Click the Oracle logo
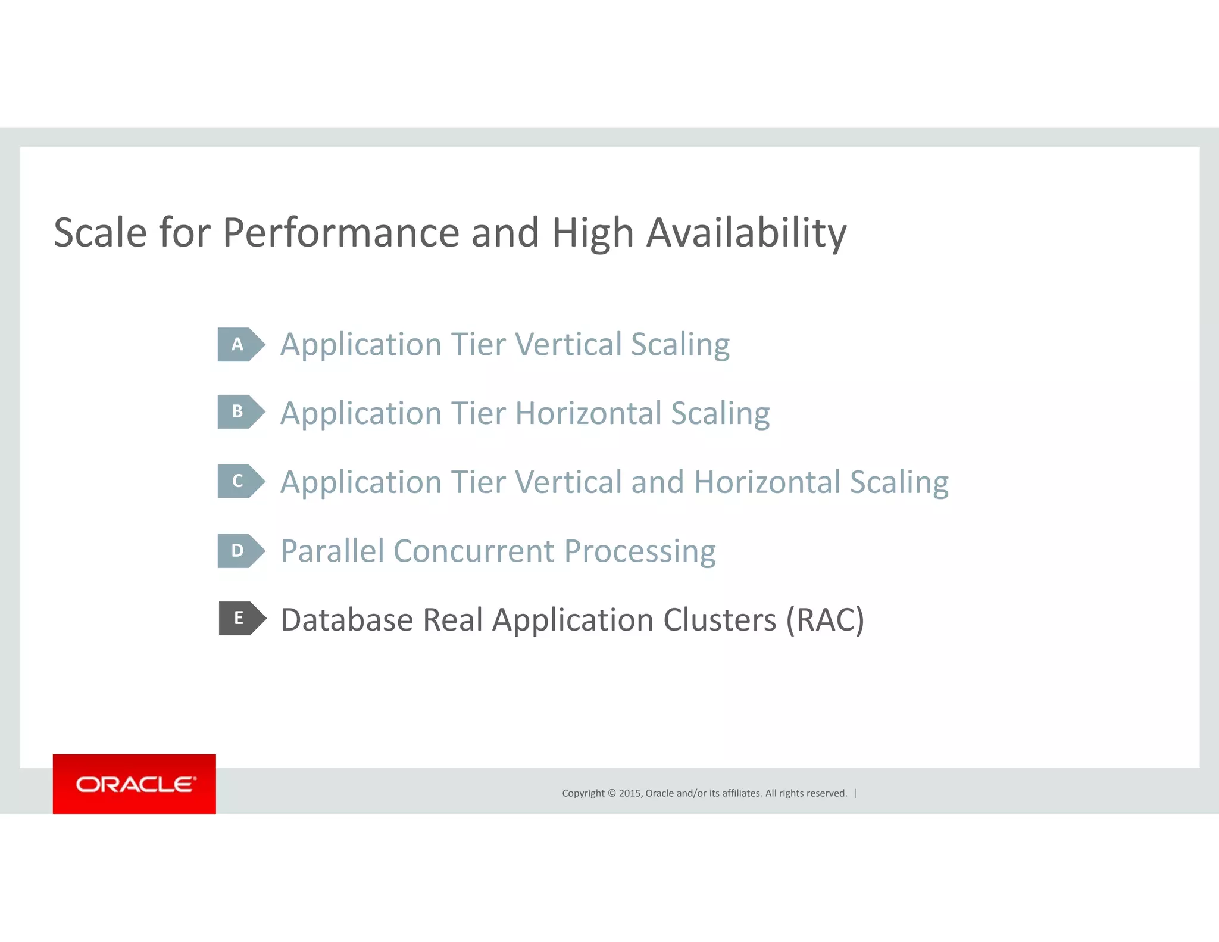click(135, 784)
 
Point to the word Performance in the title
click(340, 233)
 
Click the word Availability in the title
click(746, 233)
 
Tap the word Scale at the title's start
click(100, 233)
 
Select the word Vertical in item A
click(567, 345)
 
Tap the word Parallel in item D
click(332, 551)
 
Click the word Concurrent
click(474, 551)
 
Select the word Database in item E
click(347, 620)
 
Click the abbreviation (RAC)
click(825, 620)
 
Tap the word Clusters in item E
click(720, 620)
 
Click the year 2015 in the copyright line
click(630, 793)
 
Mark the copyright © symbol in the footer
click(611, 793)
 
